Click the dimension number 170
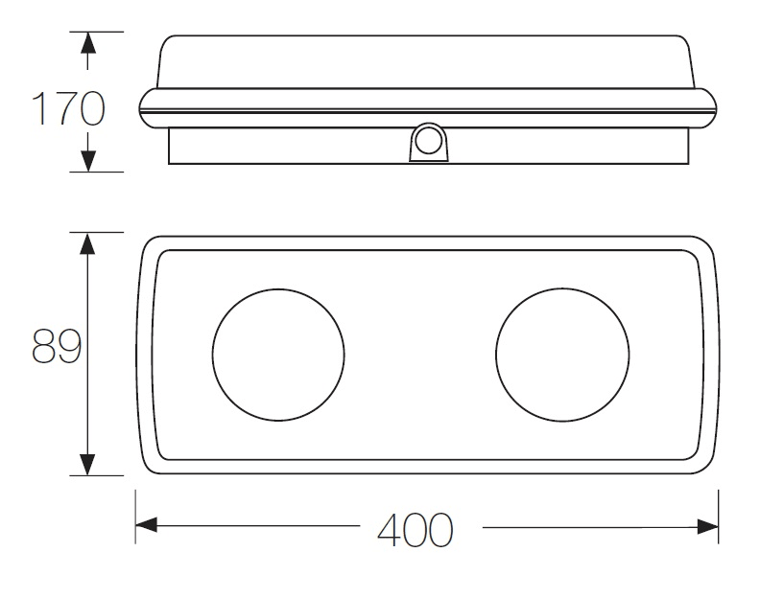(x=68, y=108)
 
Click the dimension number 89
(x=57, y=346)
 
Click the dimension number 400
(x=416, y=530)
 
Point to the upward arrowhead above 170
(x=87, y=42)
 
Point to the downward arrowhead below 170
(x=87, y=161)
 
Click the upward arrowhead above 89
(x=87, y=243)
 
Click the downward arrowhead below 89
(x=87, y=465)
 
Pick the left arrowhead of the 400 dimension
(x=147, y=525)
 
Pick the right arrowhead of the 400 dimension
(x=707, y=526)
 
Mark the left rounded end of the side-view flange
(x=145, y=108)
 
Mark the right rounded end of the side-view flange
(x=710, y=108)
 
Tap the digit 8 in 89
(x=43, y=346)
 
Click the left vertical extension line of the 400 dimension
(x=135, y=517)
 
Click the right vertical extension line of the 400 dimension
(x=719, y=517)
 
